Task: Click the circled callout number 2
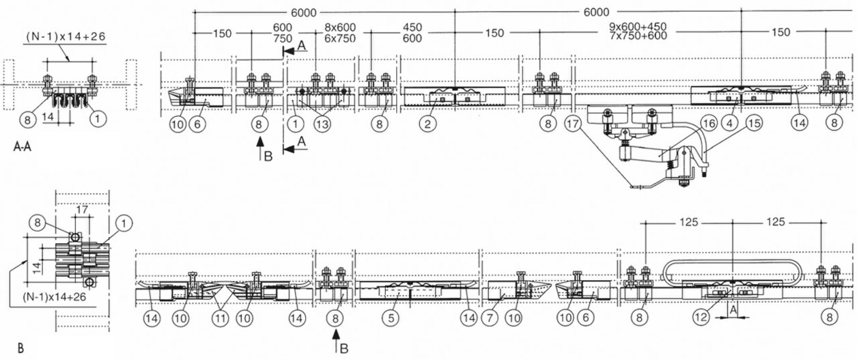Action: (427, 124)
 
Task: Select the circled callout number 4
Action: (729, 123)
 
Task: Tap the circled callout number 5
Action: (391, 318)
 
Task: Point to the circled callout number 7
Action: (490, 318)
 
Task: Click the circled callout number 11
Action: (220, 318)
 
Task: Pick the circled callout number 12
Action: (701, 318)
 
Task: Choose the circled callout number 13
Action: (322, 124)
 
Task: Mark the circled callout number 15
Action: (754, 123)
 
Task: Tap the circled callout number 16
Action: (708, 123)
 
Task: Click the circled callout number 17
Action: (573, 124)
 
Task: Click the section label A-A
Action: (22, 147)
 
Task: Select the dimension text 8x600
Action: (340, 27)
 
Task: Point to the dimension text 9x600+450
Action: (638, 27)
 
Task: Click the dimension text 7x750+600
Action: (638, 36)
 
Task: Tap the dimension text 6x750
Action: (340, 38)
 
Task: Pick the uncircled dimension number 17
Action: (82, 210)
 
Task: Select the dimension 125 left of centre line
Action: (688, 222)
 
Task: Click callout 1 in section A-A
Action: (98, 119)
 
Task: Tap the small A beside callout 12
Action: (733, 311)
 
